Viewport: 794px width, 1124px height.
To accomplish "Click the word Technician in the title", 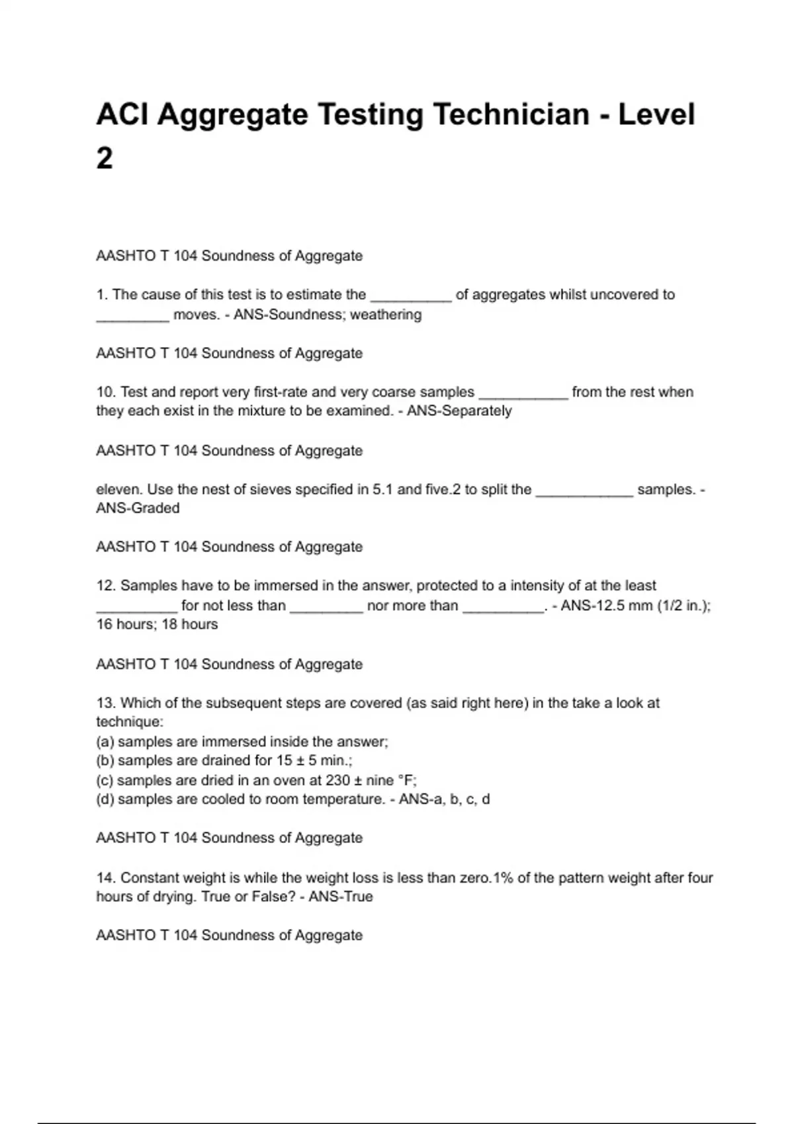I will [x=511, y=114].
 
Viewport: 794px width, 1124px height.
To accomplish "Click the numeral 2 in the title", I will [x=105, y=159].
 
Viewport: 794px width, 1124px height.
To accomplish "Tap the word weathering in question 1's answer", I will [x=386, y=315].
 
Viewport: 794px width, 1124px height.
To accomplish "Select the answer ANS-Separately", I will [x=459, y=411].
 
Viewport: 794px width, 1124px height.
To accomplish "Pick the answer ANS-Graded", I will [x=138, y=508].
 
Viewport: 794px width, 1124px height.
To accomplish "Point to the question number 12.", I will [x=106, y=586].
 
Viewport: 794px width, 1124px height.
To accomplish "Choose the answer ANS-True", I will [x=341, y=897].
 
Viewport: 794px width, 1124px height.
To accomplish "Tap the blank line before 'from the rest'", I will [x=523, y=393].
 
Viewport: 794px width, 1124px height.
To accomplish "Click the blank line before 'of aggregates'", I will [x=411, y=296].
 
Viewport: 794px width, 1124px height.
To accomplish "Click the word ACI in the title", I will [x=122, y=114].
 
